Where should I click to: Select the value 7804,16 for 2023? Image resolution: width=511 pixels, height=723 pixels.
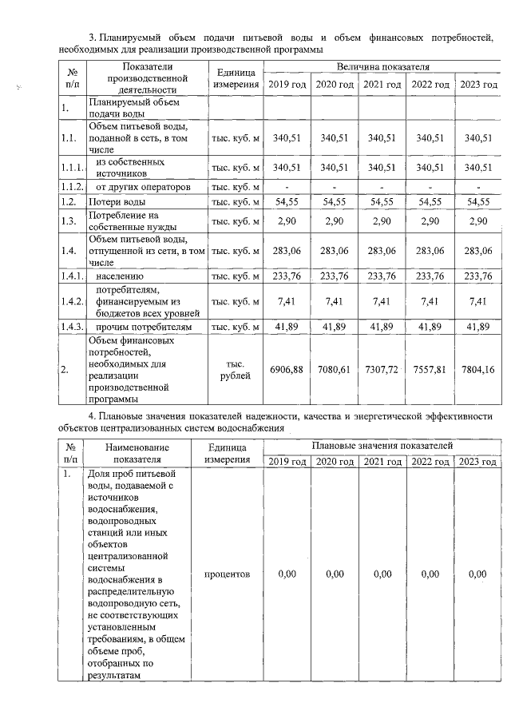[x=477, y=368]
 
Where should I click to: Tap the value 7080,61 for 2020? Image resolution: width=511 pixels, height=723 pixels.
[x=335, y=368]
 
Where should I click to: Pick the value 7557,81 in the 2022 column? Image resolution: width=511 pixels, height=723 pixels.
[x=430, y=368]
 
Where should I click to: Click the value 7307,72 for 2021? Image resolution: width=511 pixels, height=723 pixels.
[x=382, y=368]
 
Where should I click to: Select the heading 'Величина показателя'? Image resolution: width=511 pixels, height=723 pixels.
[x=382, y=67]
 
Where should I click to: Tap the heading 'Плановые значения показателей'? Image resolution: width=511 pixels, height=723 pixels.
[x=382, y=445]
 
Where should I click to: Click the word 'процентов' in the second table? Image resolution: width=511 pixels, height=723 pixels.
[x=227, y=574]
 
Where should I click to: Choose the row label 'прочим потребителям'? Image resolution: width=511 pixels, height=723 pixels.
[x=143, y=327]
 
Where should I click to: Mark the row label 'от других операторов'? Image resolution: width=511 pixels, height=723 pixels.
[x=143, y=186]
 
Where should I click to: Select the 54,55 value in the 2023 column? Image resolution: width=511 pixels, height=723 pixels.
[x=477, y=201]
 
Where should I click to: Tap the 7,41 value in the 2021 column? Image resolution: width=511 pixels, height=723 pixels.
[x=382, y=301]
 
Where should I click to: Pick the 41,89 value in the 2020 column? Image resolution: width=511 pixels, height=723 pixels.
[x=335, y=327]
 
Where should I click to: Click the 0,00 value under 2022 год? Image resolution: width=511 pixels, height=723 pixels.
[x=430, y=574]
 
